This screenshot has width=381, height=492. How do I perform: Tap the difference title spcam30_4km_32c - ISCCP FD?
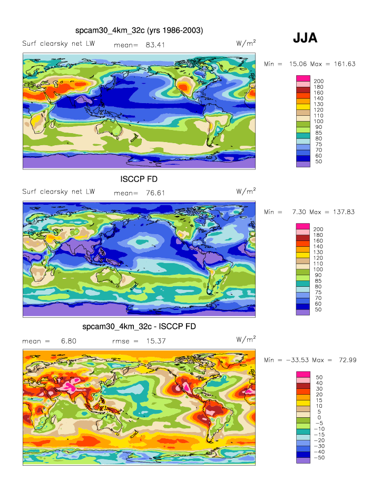point(139,327)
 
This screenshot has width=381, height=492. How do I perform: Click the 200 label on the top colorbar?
point(318,81)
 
